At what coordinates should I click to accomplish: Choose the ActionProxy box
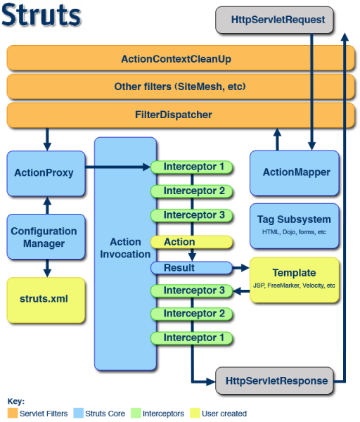(x=44, y=172)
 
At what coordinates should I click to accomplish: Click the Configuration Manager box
(x=44, y=237)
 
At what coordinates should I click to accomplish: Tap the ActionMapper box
(x=296, y=172)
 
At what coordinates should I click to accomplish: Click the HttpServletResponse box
(x=276, y=381)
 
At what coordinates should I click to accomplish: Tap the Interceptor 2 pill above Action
(x=191, y=191)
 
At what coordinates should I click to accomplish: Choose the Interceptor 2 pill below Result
(x=191, y=314)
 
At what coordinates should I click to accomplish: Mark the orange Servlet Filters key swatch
(x=13, y=414)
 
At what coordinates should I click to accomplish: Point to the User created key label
(x=224, y=414)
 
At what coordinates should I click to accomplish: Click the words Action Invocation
(x=125, y=248)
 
